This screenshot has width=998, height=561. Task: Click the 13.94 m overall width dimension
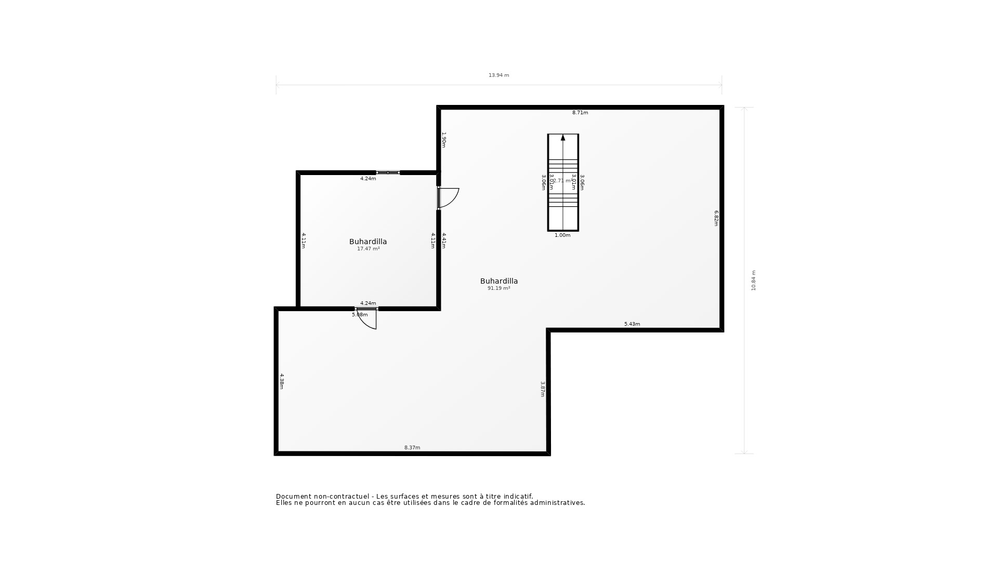pos(498,75)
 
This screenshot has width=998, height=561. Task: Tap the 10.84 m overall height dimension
pos(754,280)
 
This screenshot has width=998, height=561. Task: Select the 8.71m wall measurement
pos(580,113)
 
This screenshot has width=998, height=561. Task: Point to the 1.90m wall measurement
pos(444,140)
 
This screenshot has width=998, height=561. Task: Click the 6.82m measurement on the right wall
pos(716,218)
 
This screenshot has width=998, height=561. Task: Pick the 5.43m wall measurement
pos(632,324)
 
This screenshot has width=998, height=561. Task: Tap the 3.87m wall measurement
pos(543,390)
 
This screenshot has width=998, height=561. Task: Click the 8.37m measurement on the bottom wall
pos(412,448)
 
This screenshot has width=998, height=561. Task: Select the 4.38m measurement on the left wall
pos(282,381)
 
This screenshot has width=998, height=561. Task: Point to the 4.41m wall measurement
pos(444,241)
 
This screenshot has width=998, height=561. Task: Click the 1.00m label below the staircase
pos(562,235)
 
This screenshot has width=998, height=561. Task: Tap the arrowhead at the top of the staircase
pos(563,138)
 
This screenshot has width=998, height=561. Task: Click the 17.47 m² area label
pos(368,249)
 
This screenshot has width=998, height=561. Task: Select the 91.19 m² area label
pos(498,288)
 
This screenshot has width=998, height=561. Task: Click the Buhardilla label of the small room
pos(368,242)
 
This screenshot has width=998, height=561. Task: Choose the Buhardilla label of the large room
pos(499,281)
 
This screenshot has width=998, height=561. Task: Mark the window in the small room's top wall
pos(388,172)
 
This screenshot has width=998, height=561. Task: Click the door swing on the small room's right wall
pos(449,198)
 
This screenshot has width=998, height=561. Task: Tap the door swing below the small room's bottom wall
pos(367,319)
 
